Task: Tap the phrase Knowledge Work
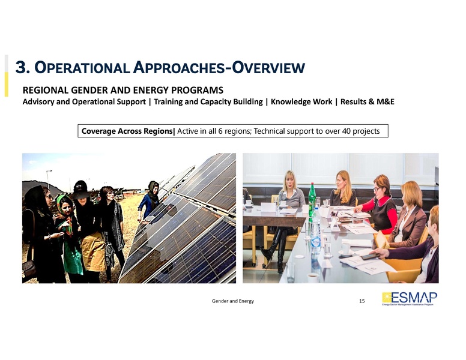[x=301, y=101]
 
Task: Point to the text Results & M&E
[x=367, y=101]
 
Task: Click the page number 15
[x=362, y=301]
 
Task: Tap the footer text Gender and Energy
[x=233, y=301]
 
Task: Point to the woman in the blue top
[x=148, y=201]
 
